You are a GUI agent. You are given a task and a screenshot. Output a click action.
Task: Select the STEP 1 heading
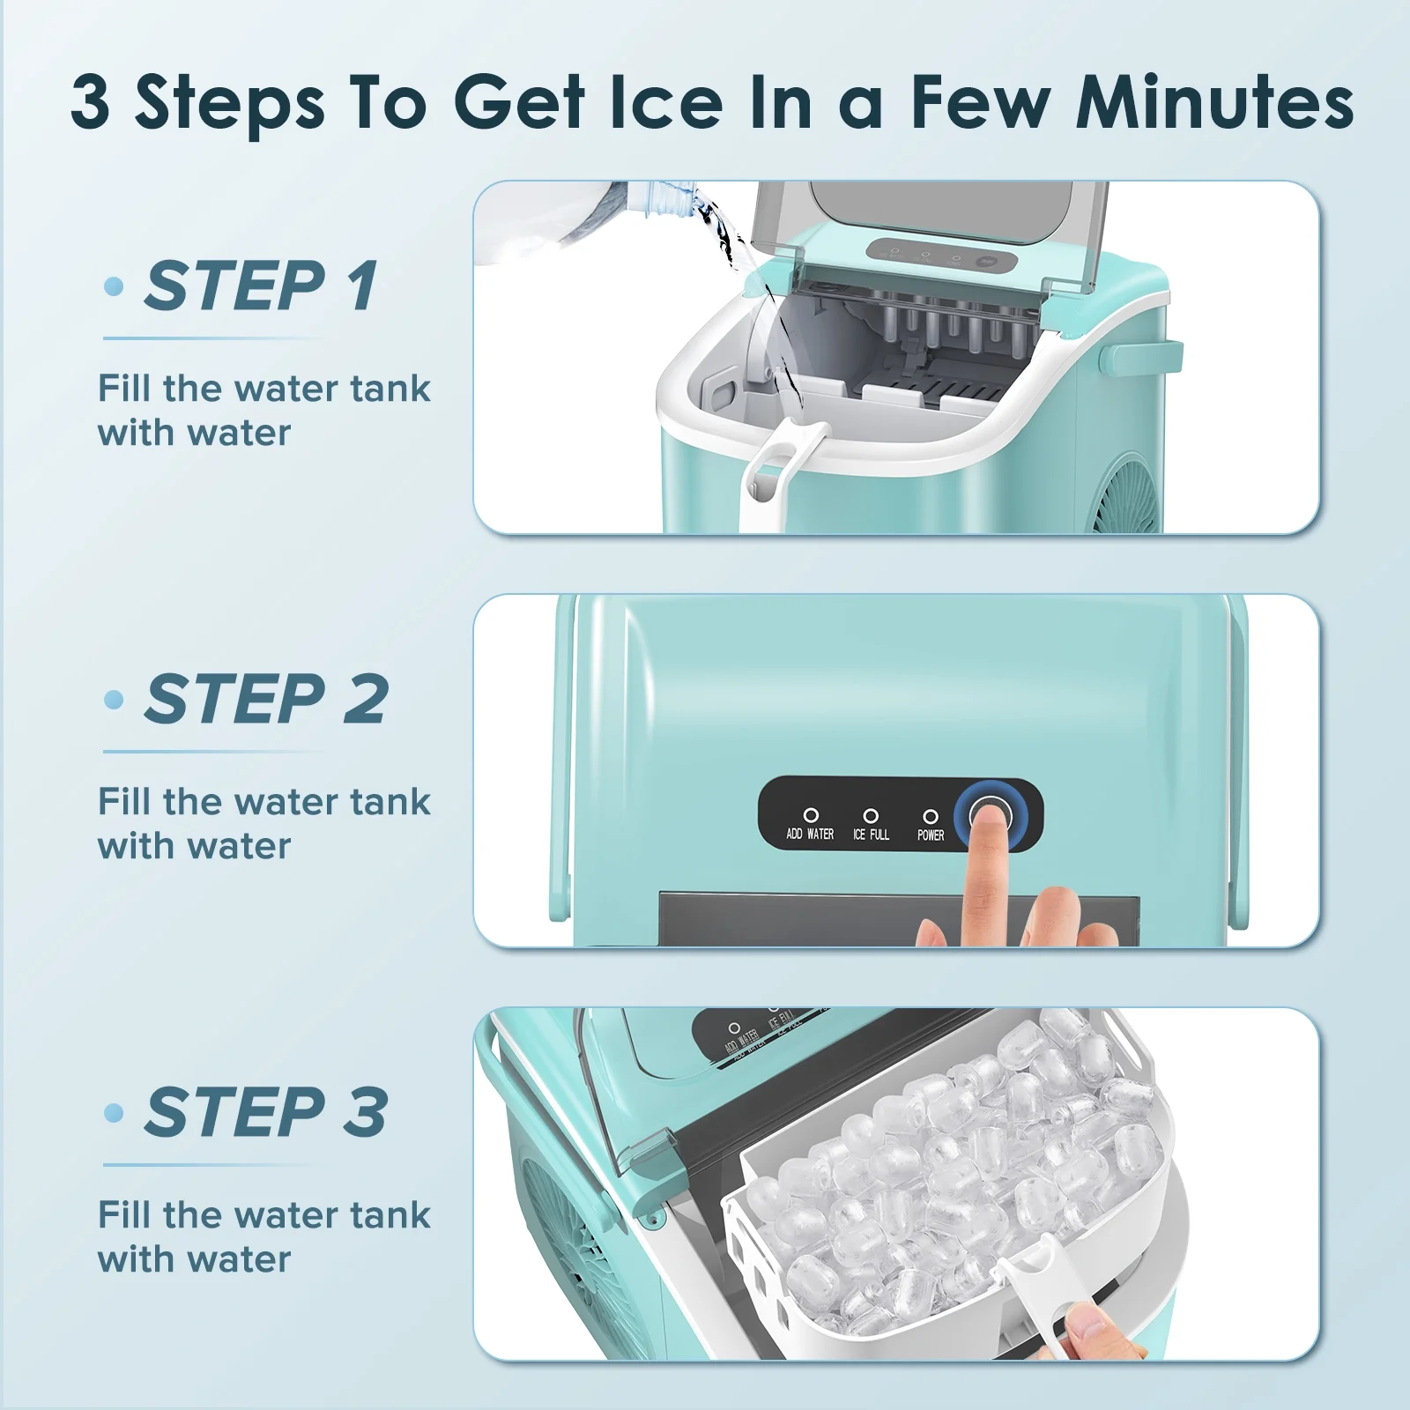click(x=263, y=286)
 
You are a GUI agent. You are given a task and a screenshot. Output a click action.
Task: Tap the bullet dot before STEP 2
click(x=114, y=700)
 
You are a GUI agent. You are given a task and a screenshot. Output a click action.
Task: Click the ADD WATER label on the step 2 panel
click(x=810, y=834)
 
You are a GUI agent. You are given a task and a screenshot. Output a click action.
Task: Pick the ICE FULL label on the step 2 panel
click(x=871, y=834)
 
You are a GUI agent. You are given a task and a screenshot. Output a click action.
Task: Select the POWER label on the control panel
click(x=931, y=835)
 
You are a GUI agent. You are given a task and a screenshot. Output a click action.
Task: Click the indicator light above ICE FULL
click(x=871, y=815)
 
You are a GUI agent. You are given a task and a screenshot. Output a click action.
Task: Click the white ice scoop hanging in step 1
click(x=775, y=473)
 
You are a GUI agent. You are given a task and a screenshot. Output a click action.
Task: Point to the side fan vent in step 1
click(x=1128, y=493)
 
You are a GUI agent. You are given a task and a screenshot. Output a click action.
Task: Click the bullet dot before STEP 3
click(x=114, y=1112)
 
